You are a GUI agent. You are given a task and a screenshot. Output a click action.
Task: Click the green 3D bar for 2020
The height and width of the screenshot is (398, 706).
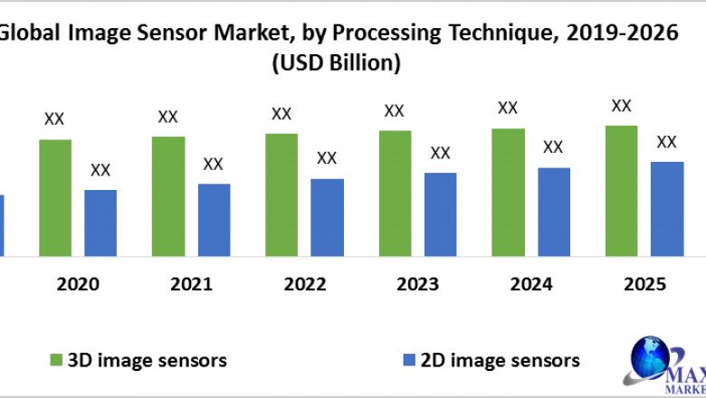click(x=55, y=197)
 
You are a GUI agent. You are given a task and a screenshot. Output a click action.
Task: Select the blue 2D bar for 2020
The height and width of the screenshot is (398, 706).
click(x=100, y=223)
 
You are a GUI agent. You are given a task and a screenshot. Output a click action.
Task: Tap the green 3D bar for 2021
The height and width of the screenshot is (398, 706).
click(x=168, y=196)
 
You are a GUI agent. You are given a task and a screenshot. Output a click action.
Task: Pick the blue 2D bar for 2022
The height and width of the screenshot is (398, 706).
click(x=327, y=217)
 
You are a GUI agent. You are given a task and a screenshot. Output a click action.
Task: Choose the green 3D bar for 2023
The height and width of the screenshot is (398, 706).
click(x=395, y=193)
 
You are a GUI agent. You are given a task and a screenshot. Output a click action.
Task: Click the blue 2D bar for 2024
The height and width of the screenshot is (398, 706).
click(x=554, y=211)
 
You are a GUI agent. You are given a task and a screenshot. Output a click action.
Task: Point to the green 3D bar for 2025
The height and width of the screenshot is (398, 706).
click(x=621, y=190)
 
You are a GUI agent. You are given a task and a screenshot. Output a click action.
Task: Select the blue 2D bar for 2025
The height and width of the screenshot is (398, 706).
click(x=667, y=208)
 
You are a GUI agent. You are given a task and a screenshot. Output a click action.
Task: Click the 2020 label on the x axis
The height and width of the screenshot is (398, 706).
click(x=78, y=284)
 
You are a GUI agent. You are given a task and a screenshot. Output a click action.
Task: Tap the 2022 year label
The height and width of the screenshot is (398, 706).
click(x=304, y=284)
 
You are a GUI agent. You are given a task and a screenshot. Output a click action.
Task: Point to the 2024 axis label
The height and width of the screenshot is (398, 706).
click(x=531, y=284)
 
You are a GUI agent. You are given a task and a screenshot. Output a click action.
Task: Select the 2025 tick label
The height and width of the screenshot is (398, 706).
click(x=644, y=284)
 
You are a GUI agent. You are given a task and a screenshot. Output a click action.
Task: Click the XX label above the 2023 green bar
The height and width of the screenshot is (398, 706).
click(x=394, y=111)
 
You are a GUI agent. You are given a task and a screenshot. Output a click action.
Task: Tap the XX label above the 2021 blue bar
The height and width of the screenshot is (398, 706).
click(x=213, y=165)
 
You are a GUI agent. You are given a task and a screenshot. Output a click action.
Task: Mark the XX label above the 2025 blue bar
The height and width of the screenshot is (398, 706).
click(x=666, y=142)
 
